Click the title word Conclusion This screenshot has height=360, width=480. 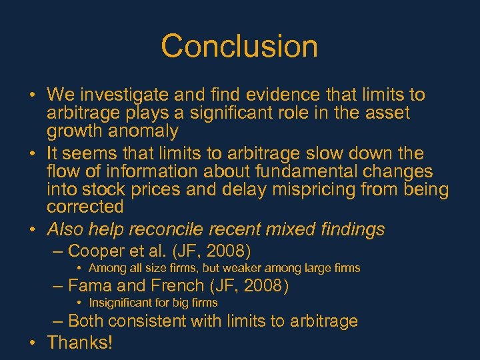coord(239,47)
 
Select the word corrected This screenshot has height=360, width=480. coord(85,207)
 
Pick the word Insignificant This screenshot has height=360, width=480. coord(119,303)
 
